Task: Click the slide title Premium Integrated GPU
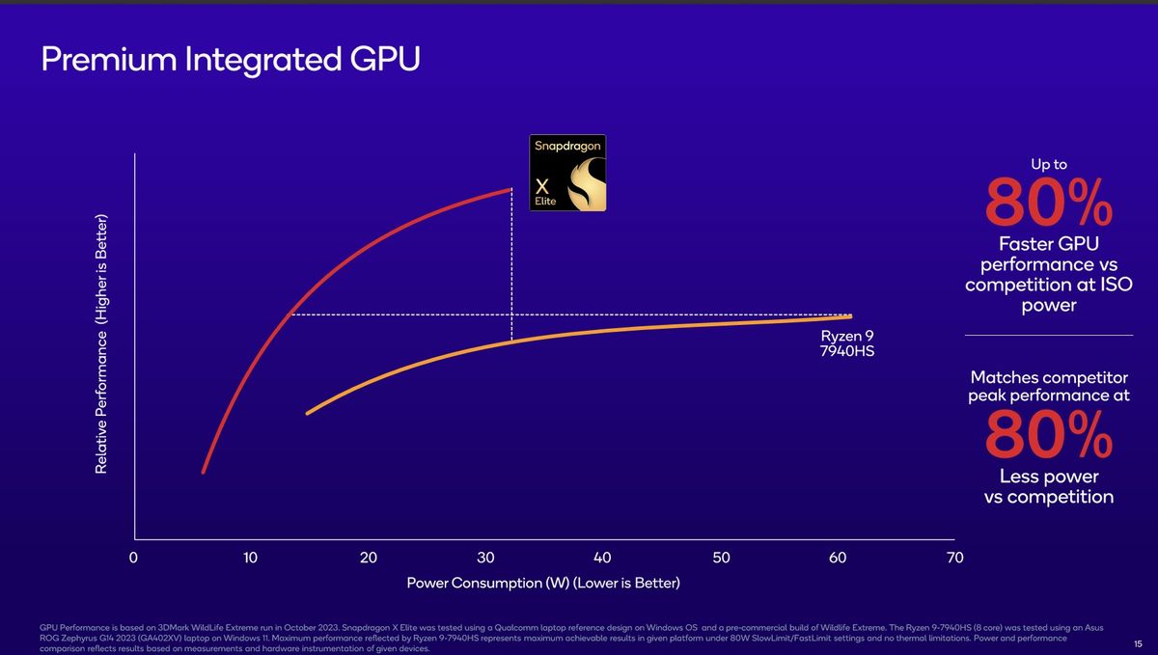(231, 60)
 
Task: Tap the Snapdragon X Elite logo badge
(568, 173)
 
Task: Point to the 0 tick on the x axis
(134, 558)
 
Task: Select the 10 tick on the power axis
(250, 558)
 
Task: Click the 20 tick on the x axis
(368, 558)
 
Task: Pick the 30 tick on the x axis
(484, 558)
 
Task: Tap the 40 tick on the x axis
(602, 558)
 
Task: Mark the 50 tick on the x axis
(720, 558)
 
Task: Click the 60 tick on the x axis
(837, 558)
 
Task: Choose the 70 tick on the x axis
(954, 558)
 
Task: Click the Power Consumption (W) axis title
(543, 584)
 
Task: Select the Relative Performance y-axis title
(100, 343)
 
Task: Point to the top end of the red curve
(510, 189)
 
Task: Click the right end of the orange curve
(850, 316)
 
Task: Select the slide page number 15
(1138, 643)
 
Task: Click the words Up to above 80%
(1048, 165)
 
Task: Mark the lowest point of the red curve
(203, 472)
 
